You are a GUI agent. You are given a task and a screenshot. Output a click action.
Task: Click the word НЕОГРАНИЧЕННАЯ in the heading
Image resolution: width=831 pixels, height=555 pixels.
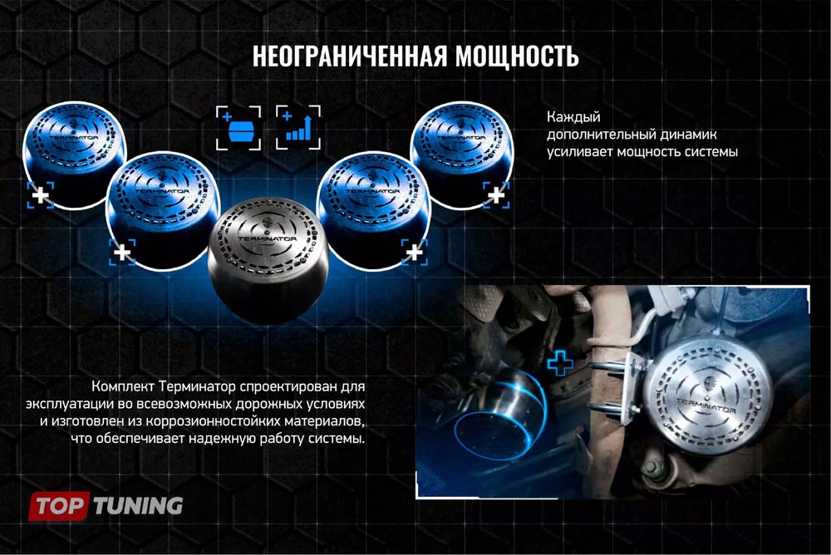(350, 56)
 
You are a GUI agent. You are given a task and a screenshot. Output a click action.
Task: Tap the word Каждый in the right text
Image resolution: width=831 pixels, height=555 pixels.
(573, 116)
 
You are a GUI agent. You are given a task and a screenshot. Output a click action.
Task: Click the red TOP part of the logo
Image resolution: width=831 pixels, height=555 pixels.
(59, 505)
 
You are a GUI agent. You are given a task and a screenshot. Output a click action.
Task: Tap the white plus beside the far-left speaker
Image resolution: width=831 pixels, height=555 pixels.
(39, 196)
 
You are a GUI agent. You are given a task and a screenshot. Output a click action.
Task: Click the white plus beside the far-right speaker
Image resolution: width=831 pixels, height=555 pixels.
(496, 195)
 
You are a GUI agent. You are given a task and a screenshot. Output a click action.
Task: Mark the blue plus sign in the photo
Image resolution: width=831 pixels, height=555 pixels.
(561, 361)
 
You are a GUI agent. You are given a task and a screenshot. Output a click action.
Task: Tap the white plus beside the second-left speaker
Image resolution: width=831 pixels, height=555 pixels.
(123, 251)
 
